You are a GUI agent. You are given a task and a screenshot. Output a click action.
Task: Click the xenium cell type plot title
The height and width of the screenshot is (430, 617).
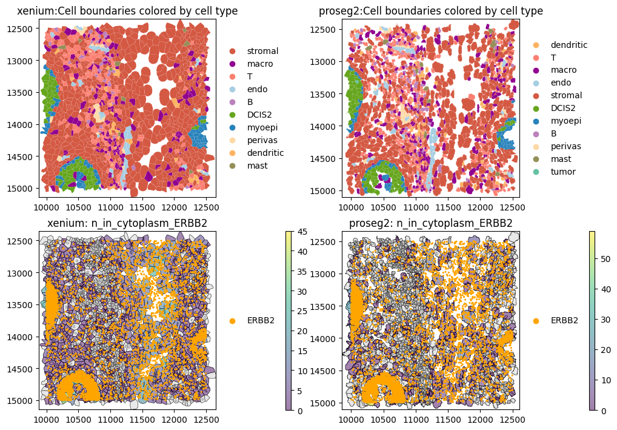point(127,11)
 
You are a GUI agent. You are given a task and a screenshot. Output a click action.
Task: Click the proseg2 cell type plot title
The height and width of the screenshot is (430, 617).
point(431,11)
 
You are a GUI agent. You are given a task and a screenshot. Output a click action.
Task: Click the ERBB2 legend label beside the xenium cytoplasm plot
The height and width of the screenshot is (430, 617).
point(261,320)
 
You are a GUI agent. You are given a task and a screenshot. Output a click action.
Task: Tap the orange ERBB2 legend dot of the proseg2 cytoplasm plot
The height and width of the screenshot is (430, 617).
point(536,320)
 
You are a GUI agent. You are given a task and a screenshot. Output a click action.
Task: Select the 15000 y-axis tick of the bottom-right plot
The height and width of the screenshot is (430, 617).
point(327,403)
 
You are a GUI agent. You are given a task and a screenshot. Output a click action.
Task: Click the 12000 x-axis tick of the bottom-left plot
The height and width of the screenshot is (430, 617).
point(174,419)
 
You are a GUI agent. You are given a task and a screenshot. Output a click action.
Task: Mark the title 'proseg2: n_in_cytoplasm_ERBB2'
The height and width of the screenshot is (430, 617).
point(431,223)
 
